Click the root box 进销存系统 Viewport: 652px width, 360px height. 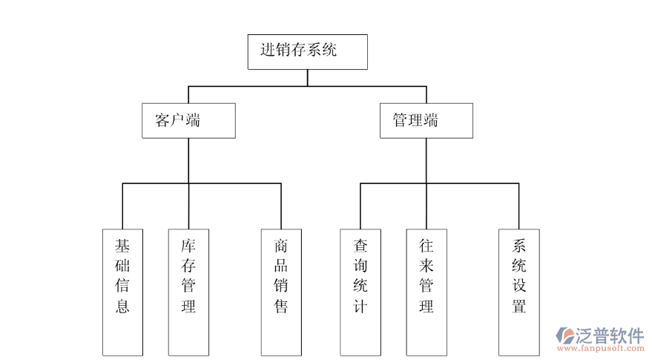click(x=307, y=51)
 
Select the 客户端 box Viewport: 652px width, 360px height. click(x=188, y=120)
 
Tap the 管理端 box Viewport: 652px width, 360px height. click(x=427, y=120)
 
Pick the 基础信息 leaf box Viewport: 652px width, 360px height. click(x=122, y=292)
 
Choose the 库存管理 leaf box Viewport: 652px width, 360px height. click(x=188, y=292)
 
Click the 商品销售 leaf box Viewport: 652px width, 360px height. click(x=281, y=292)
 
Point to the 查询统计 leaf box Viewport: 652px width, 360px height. click(x=360, y=292)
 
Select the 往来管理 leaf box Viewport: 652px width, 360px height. click(x=427, y=292)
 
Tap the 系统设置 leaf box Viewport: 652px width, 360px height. click(x=518, y=292)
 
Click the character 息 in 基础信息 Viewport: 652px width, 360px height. click(x=122, y=306)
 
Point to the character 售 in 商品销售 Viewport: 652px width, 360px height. click(x=281, y=306)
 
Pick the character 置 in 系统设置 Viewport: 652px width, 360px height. click(x=518, y=306)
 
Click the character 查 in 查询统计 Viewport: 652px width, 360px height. click(x=360, y=245)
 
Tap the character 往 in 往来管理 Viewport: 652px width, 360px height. click(x=427, y=245)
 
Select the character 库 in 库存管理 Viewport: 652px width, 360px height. click(x=188, y=245)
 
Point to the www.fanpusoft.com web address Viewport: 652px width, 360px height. click(x=601, y=348)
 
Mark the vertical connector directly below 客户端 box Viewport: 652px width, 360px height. click(x=188, y=160)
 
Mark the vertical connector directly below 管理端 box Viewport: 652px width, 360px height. click(x=427, y=160)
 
